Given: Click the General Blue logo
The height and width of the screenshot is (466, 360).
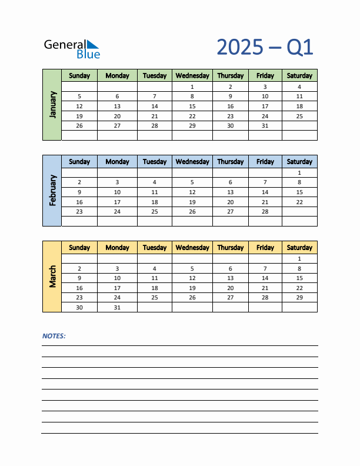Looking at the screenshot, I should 72,48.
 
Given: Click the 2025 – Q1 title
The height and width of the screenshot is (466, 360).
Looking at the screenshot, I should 265,47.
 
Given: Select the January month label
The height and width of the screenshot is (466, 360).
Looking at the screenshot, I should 52,105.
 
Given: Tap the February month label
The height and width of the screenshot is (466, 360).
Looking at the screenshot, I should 52,190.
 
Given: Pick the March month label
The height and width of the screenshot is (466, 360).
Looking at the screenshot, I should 52,276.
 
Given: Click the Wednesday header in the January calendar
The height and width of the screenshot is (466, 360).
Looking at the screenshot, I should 192,75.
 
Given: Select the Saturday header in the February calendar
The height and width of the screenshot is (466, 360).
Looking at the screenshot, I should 299,161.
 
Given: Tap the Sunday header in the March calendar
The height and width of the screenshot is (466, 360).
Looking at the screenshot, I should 79,247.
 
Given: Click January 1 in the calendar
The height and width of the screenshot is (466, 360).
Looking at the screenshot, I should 192,86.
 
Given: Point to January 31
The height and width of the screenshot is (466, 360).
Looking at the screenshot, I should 265,125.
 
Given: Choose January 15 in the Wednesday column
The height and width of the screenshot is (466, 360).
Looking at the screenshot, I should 192,106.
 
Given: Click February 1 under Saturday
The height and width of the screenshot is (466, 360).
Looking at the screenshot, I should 299,172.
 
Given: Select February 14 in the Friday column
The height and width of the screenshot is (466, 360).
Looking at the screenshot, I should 265,192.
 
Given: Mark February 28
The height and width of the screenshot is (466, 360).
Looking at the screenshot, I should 265,211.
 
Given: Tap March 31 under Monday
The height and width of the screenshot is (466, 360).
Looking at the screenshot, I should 117,307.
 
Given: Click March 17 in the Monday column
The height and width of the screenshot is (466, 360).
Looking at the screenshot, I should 117,288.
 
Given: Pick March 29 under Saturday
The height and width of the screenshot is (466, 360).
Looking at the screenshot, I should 299,297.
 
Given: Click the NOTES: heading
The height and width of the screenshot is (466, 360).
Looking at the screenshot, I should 54,336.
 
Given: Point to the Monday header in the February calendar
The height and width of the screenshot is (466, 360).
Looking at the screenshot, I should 117,161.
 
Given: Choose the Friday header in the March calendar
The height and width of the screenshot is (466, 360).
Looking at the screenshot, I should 265,247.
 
